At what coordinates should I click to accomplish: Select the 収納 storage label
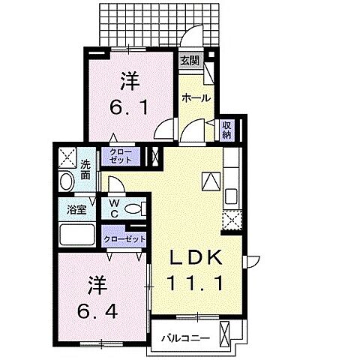(226, 130)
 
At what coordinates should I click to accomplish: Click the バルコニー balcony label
(184, 337)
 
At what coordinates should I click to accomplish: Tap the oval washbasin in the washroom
(66, 182)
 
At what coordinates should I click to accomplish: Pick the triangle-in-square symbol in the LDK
(210, 181)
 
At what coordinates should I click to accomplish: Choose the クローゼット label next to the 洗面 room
(121, 157)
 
